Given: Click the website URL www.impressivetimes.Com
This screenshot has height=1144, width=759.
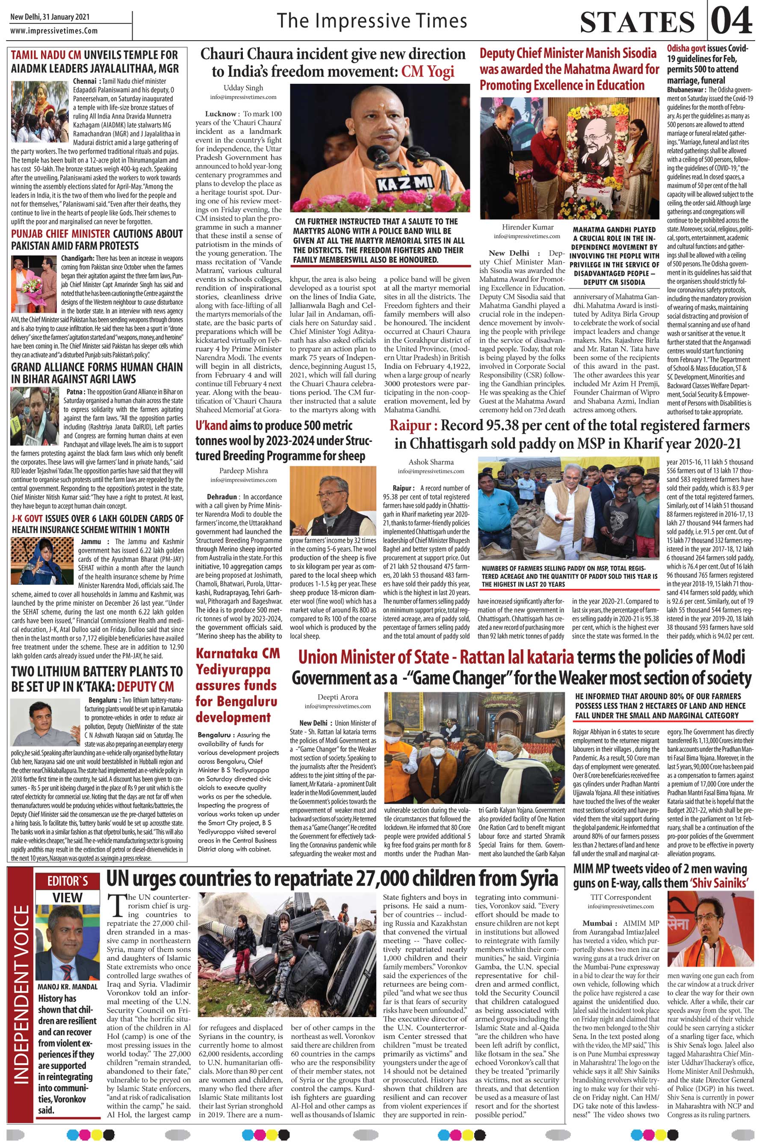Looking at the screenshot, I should (x=54, y=30).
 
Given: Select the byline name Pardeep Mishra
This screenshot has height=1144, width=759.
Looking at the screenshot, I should (x=236, y=471).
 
